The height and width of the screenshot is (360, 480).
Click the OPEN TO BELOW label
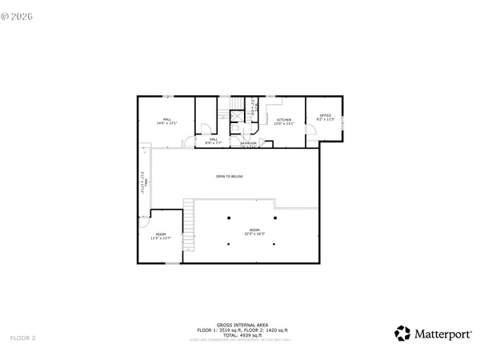[x=229, y=176]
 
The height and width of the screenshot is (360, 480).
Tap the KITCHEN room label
[x=284, y=122]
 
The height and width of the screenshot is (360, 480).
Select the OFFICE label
[x=325, y=118]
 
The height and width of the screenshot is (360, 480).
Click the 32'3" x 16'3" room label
[x=254, y=232]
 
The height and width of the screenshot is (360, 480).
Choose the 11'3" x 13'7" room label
[x=161, y=236]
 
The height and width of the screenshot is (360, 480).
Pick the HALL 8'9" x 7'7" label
[x=214, y=141]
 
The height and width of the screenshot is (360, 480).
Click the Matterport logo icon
[x=403, y=333]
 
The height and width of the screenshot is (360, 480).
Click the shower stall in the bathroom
[x=237, y=116]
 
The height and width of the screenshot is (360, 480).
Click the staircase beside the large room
[x=190, y=224]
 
